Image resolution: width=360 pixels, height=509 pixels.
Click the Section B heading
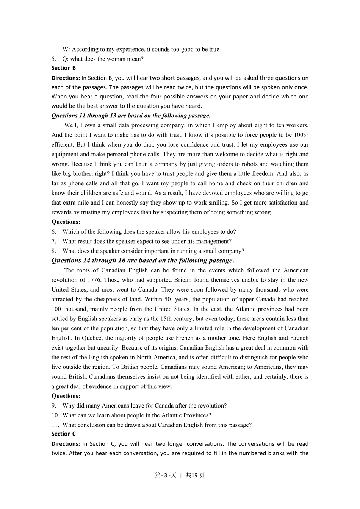[64, 68]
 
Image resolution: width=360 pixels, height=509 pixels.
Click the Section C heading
[64, 434]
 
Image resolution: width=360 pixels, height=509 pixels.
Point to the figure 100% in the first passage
[301, 135]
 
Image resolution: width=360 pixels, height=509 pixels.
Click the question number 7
[54, 241]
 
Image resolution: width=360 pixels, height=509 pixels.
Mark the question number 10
[55, 415]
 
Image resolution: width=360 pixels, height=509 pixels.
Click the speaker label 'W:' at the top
[66, 49]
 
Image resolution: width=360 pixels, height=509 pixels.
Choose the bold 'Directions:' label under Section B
[66, 78]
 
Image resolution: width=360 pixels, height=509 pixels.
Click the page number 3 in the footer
[166, 475]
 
